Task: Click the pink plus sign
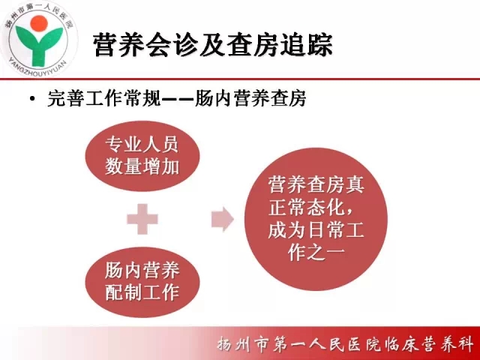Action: pyautogui.click(x=142, y=219)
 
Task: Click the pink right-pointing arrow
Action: pyautogui.click(x=223, y=219)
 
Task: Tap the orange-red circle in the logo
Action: pyautogui.click(x=39, y=23)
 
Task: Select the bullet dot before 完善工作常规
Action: pyautogui.click(x=32, y=99)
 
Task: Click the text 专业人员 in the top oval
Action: pyautogui.click(x=142, y=144)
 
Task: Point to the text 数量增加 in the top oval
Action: pyautogui.click(x=142, y=166)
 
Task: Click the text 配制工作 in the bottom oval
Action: pyautogui.click(x=142, y=292)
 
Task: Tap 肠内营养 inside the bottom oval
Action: pyautogui.click(x=142, y=270)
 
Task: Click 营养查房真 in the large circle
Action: pyautogui.click(x=316, y=185)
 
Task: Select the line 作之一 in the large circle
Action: pyautogui.click(x=316, y=252)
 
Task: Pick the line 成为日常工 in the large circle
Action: pyautogui.click(x=316, y=230)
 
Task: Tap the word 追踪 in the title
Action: pyautogui.click(x=306, y=45)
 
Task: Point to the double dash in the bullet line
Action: pyautogui.click(x=177, y=99)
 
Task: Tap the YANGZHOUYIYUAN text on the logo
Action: pyautogui.click(x=37, y=67)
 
